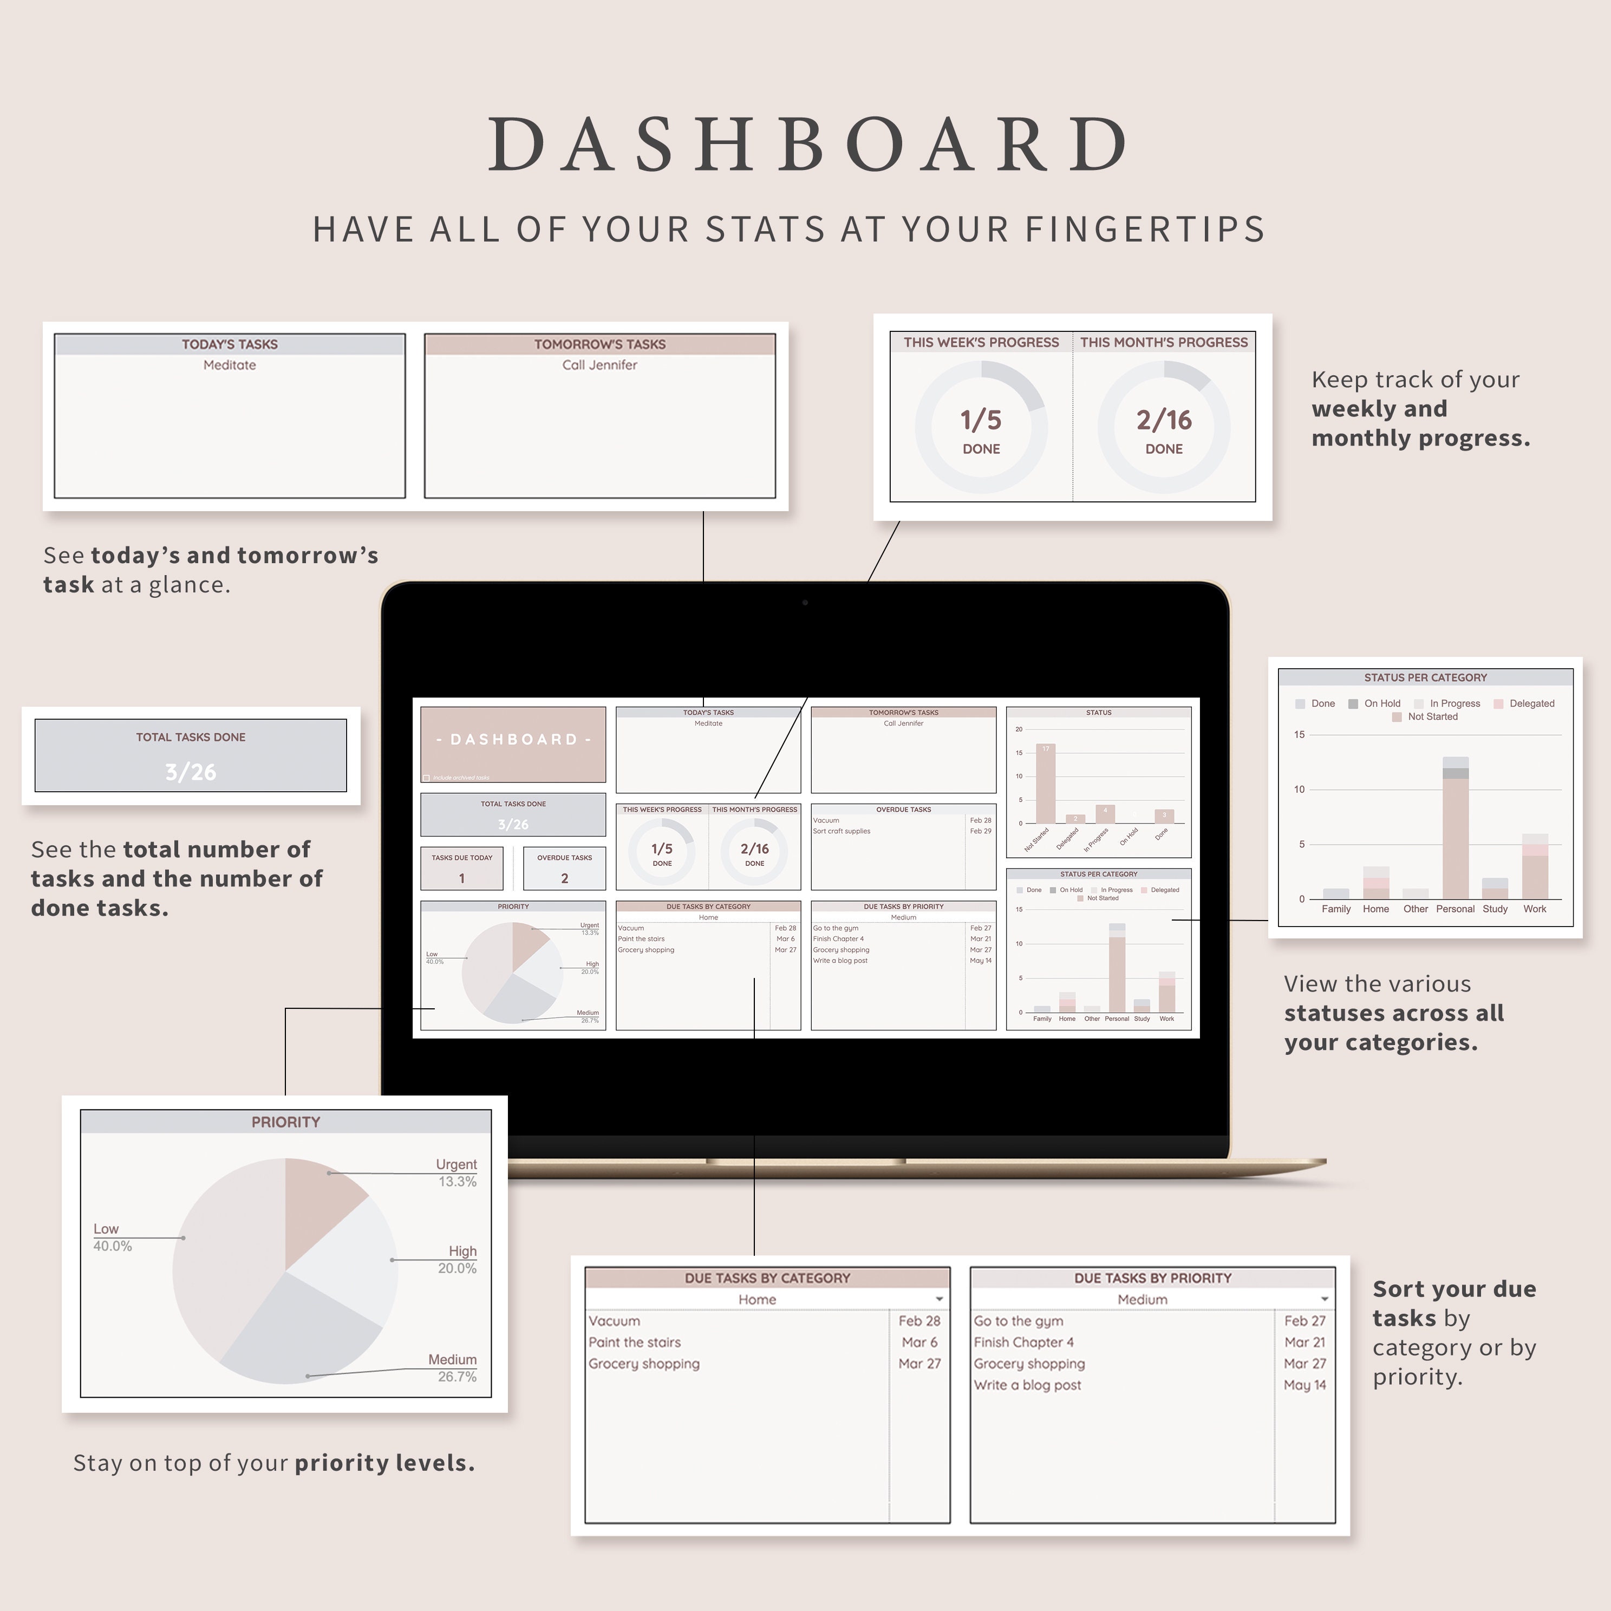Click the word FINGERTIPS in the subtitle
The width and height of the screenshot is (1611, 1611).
(x=1145, y=229)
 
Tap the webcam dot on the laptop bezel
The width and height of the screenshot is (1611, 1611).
(x=805, y=602)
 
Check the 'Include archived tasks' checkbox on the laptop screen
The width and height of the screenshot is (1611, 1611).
(x=427, y=778)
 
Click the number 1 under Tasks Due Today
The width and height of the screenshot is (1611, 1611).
(x=462, y=878)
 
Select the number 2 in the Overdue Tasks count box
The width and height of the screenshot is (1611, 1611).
(x=564, y=878)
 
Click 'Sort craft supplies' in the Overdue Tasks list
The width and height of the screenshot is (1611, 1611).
(x=842, y=831)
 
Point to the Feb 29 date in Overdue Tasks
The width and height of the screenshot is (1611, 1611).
(x=981, y=831)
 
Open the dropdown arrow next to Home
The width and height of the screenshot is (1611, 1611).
(x=940, y=1299)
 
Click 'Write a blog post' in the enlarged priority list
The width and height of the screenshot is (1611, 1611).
(x=1027, y=1385)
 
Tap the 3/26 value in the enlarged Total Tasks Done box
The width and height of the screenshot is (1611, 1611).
(x=191, y=772)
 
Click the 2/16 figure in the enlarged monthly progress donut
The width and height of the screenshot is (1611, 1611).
(x=1164, y=420)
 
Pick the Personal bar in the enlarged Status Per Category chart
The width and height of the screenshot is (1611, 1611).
(x=1455, y=834)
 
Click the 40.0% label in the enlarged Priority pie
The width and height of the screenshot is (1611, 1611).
(x=113, y=1247)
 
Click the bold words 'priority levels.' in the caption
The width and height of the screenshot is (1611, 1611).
(x=384, y=1463)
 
